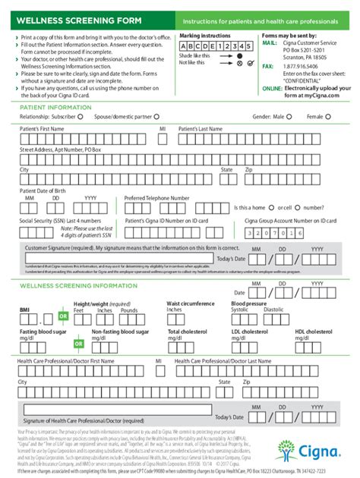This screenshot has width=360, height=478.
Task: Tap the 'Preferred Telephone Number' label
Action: [156, 197]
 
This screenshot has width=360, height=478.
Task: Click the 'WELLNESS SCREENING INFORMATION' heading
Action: [73, 285]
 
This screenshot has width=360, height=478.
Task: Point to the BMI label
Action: [24, 310]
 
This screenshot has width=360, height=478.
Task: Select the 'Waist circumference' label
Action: [191, 303]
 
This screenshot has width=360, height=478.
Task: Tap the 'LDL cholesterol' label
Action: [251, 332]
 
